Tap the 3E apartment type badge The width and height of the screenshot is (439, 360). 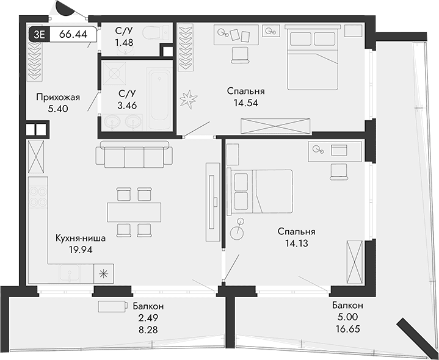38,34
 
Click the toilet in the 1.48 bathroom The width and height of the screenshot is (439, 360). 150,33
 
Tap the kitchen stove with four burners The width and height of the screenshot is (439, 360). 38,196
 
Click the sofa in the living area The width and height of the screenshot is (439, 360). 132,155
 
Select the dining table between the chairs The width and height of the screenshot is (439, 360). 134,212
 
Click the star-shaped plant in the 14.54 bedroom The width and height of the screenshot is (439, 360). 190,99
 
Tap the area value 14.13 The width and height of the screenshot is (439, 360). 296,243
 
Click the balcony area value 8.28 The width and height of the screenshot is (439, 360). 147,329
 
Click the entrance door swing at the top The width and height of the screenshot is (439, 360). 66,9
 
